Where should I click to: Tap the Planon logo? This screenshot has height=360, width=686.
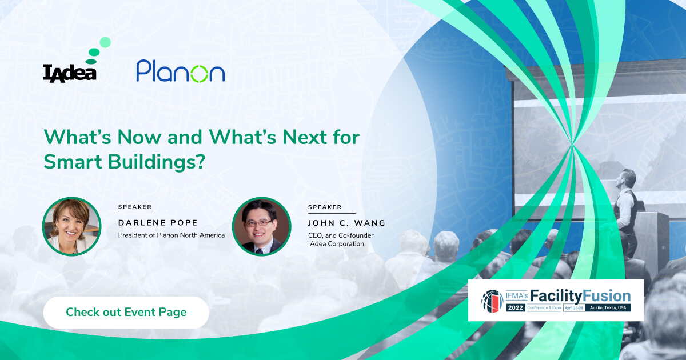click(x=181, y=71)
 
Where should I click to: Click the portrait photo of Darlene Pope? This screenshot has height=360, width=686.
click(x=71, y=226)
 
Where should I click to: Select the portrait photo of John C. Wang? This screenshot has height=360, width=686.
click(x=262, y=226)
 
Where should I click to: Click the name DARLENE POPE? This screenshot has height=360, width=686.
click(x=158, y=222)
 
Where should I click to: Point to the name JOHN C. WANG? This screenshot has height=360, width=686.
click(x=346, y=223)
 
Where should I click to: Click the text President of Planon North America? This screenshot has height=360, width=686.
click(x=171, y=235)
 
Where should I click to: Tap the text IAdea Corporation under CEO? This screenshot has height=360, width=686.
click(x=336, y=243)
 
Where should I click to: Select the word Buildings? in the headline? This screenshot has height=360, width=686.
click(x=157, y=162)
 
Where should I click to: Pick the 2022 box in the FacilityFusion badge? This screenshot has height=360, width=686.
click(x=516, y=307)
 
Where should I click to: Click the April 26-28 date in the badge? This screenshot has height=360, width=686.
click(x=574, y=307)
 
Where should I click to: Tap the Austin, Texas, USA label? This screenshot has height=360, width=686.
click(x=608, y=307)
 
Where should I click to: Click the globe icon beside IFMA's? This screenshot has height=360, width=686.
click(x=492, y=301)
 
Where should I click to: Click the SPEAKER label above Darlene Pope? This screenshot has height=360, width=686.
click(x=135, y=207)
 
